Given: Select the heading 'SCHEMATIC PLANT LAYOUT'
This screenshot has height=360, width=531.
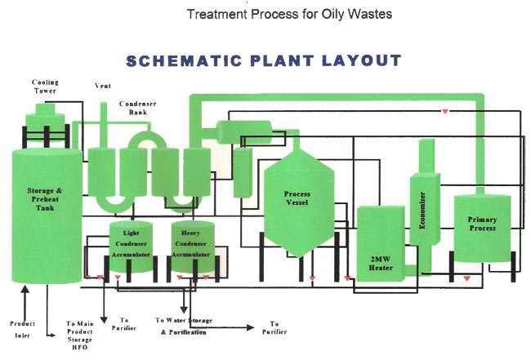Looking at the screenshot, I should point(264,62).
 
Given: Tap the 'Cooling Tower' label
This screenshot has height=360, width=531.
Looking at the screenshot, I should point(45,87).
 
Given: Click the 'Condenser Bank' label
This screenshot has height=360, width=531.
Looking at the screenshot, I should point(132,109).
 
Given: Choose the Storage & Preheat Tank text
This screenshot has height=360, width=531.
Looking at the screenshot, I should point(46,197).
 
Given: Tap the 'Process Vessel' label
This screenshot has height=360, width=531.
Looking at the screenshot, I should point(297,199).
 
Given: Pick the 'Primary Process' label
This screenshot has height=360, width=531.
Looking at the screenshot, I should point(482,224).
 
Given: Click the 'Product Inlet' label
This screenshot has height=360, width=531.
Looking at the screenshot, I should point(22,329).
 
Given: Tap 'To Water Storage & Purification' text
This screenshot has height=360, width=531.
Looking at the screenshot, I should point(183,327).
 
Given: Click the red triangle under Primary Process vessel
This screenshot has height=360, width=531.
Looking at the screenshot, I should point(466,278).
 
